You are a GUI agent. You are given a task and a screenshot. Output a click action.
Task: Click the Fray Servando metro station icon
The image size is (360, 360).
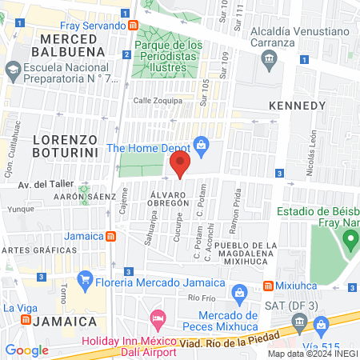coord(134,25)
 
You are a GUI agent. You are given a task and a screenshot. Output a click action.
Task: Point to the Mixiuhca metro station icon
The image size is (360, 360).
coord(269,286)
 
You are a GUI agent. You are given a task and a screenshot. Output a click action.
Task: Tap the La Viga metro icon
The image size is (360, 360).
coord(27,319)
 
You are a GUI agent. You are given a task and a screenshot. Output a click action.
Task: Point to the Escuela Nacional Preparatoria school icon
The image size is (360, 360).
coord(13,70)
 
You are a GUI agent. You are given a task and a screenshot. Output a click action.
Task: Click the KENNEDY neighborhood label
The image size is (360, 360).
coord(298,106)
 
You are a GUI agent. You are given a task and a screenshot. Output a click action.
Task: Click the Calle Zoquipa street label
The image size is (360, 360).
coord(158,101)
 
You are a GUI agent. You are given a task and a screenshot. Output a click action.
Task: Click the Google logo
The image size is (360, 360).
coord(27,350)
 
